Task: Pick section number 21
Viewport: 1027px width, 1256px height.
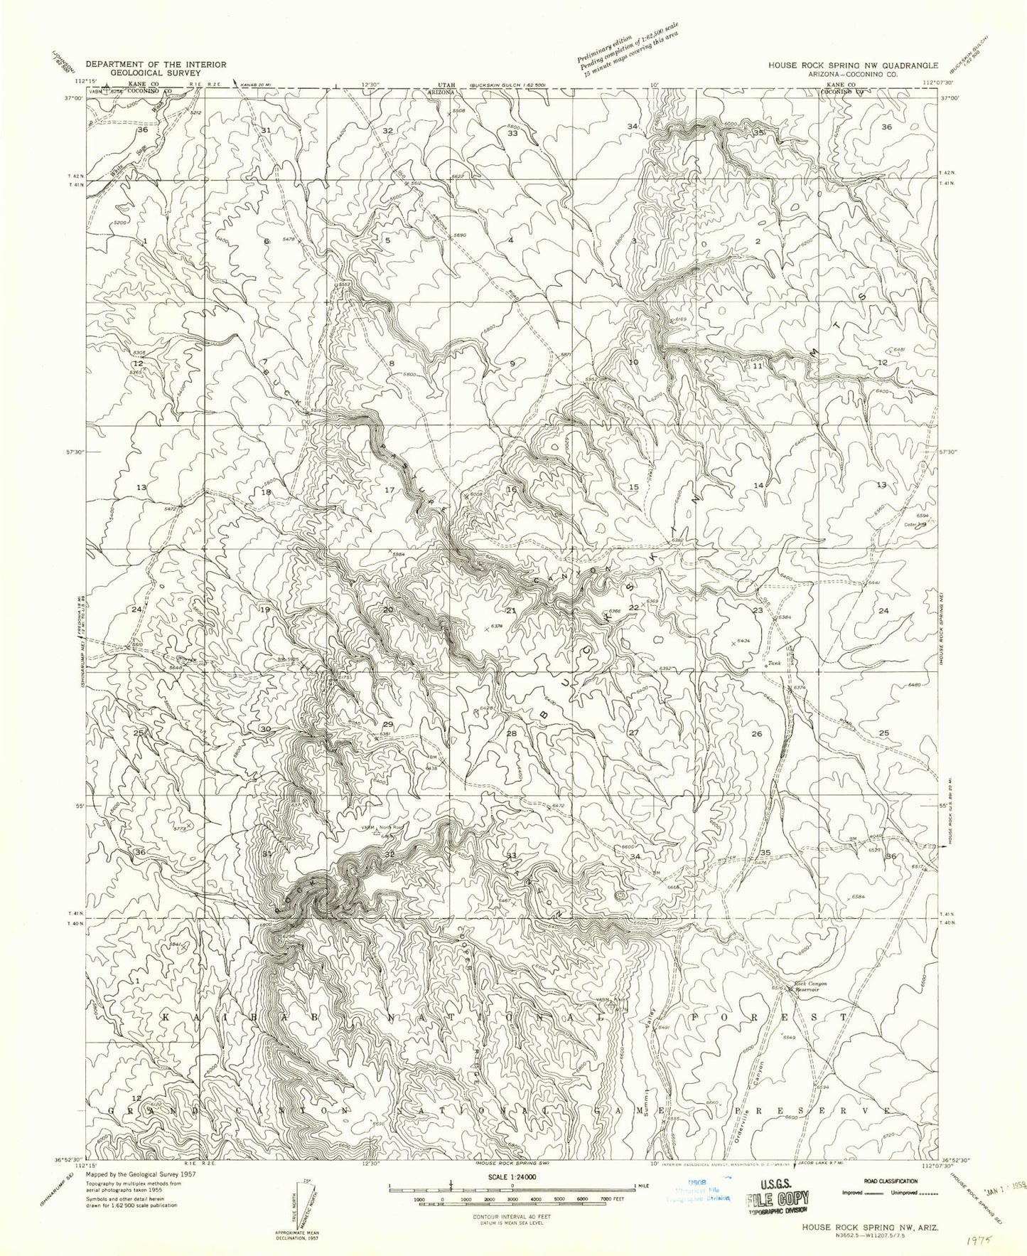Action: coord(510,611)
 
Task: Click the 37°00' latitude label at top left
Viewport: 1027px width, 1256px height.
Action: coord(74,99)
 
